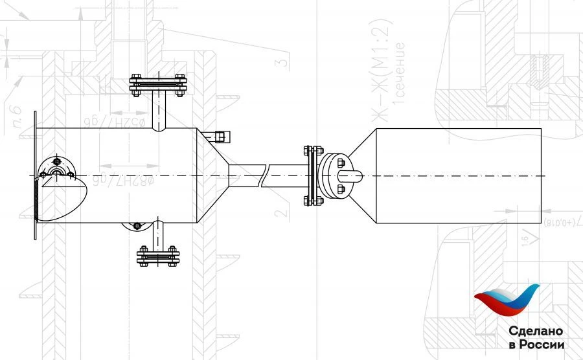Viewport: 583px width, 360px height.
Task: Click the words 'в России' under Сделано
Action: coord(536,345)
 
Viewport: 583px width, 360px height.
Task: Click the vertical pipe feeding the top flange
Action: coord(157,111)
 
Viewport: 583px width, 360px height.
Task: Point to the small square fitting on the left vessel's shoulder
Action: coord(220,136)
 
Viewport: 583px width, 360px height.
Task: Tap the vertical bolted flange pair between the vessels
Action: coord(312,176)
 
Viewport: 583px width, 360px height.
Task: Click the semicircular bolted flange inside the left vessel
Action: coord(58,168)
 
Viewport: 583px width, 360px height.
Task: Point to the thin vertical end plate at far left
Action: coord(34,175)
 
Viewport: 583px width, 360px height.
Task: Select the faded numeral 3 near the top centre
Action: coord(280,63)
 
